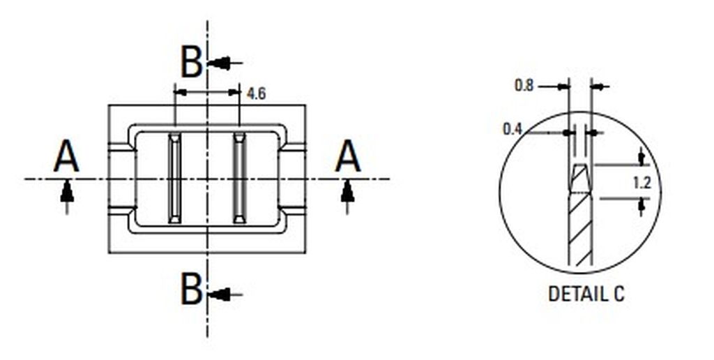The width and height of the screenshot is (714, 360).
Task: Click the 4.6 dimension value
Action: tap(256, 93)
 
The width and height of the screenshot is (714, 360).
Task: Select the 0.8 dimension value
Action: tap(524, 85)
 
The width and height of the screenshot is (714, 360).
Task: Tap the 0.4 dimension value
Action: tap(512, 129)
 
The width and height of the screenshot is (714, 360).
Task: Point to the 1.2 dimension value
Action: tap(642, 183)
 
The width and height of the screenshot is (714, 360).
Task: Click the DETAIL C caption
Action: tap(586, 294)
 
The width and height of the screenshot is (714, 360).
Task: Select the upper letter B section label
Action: tap(191, 62)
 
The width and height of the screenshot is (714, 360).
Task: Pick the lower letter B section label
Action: tap(191, 289)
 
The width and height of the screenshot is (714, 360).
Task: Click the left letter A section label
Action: tap(66, 156)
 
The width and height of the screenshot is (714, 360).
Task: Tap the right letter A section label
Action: tap(348, 156)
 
